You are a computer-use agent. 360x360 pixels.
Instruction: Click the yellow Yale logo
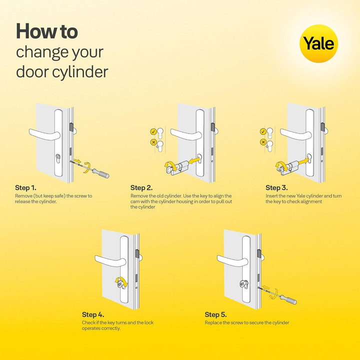pyautogui.click(x=318, y=43)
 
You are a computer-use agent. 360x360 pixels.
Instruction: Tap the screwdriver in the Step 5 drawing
pyautogui.click(x=287, y=298)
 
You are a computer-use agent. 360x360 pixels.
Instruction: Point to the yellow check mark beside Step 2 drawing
pyautogui.click(x=153, y=132)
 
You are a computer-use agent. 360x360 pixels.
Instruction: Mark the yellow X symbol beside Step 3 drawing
pyautogui.click(x=263, y=142)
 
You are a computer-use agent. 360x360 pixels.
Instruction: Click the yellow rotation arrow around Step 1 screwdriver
pyautogui.click(x=88, y=166)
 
